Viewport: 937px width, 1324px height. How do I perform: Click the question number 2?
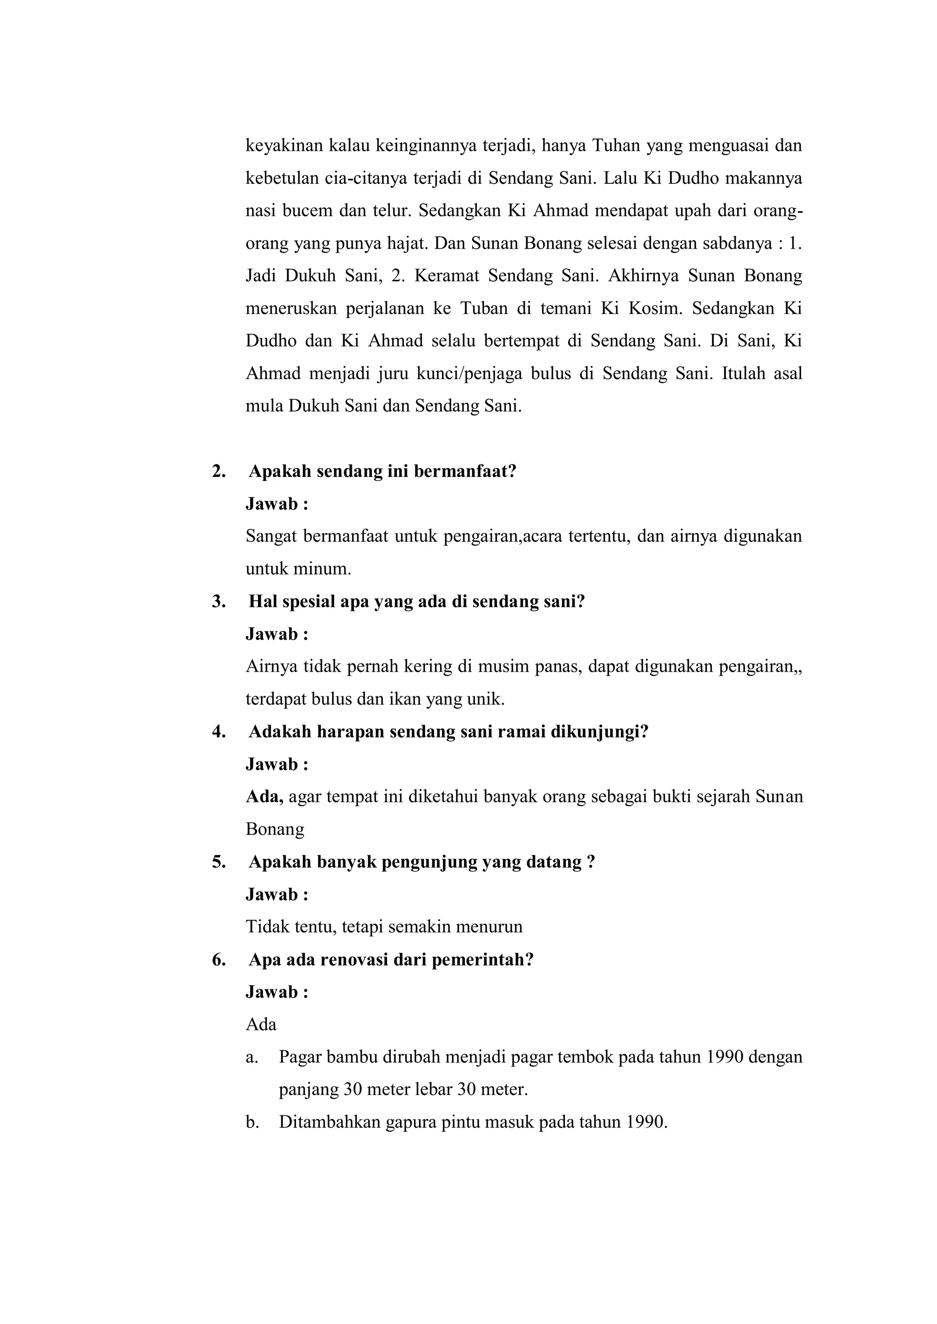pos(218,472)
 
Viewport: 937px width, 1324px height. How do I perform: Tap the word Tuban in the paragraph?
pos(484,309)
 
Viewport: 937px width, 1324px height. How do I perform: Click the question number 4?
pos(218,732)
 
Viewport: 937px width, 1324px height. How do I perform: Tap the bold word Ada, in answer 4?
pos(264,797)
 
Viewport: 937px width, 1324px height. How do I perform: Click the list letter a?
pos(250,1057)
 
